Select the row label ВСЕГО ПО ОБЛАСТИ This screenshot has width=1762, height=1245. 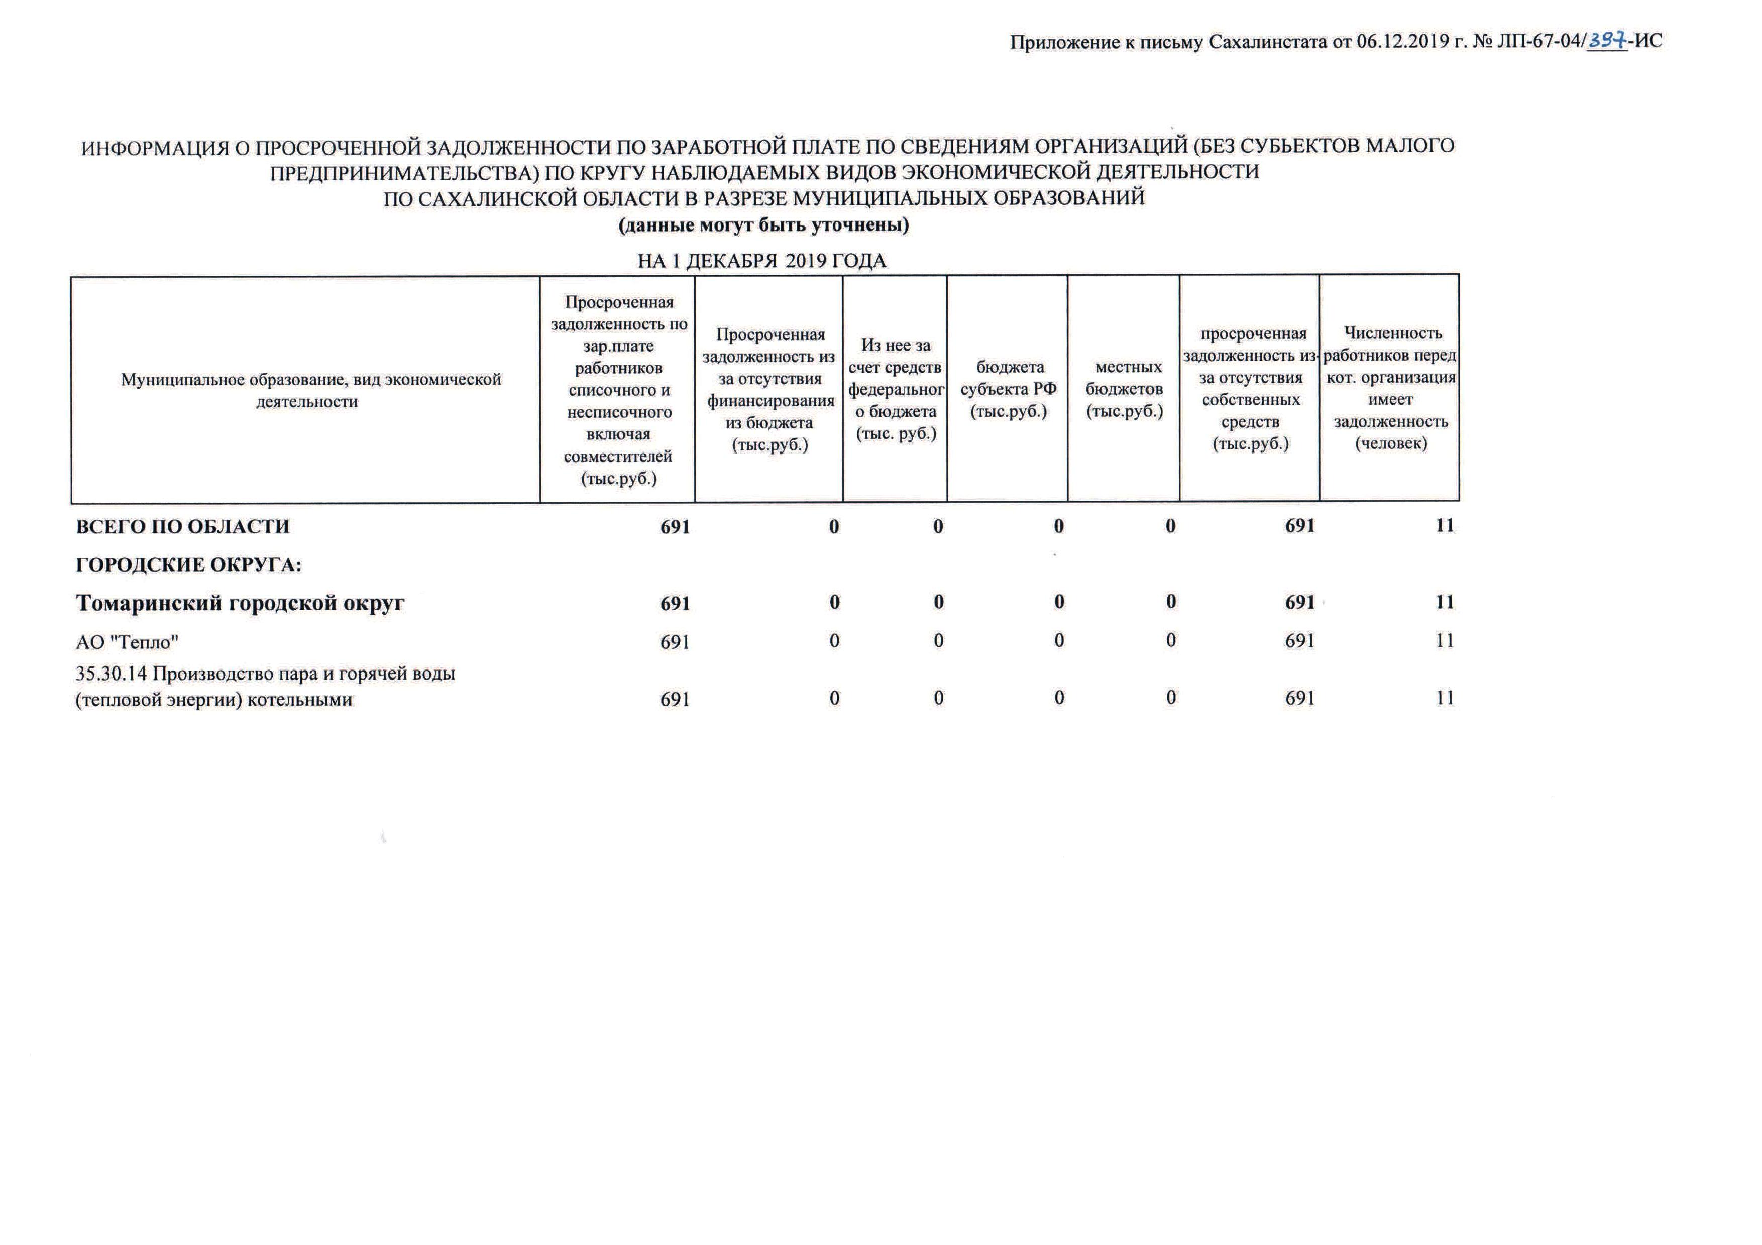(x=183, y=527)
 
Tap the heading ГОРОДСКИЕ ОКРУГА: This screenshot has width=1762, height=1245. (x=189, y=565)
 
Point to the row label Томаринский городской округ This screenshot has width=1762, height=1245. (x=240, y=603)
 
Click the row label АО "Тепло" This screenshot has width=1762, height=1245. (x=128, y=641)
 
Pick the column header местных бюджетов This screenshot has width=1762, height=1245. (x=1124, y=389)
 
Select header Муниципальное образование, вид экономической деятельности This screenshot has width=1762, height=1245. (x=311, y=390)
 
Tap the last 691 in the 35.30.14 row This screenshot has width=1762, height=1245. (x=1300, y=698)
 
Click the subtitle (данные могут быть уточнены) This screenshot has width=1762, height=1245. (x=763, y=225)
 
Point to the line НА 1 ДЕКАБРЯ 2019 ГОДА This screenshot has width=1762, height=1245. (x=762, y=261)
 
